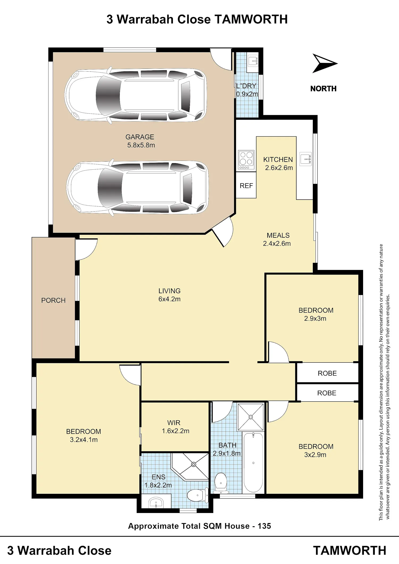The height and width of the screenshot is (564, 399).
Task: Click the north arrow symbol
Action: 323,63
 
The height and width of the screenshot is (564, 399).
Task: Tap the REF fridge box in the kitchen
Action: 246,185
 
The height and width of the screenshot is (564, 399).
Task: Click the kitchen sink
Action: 305,159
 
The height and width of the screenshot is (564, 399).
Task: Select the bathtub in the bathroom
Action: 253,463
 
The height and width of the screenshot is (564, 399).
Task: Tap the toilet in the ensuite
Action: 197,495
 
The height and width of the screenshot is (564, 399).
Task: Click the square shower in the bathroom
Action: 251,417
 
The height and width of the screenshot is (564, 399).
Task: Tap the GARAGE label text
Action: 140,137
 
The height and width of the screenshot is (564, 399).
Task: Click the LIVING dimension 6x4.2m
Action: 169,299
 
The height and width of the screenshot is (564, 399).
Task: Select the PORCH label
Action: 53,300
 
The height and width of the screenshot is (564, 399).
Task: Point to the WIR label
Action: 174,423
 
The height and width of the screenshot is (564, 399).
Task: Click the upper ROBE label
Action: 327,373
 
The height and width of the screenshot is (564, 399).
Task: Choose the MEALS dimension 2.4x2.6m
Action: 277,243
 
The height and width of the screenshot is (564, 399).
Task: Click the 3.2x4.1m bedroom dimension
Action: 84,440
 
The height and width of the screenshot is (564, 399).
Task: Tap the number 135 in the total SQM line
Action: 264,526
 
